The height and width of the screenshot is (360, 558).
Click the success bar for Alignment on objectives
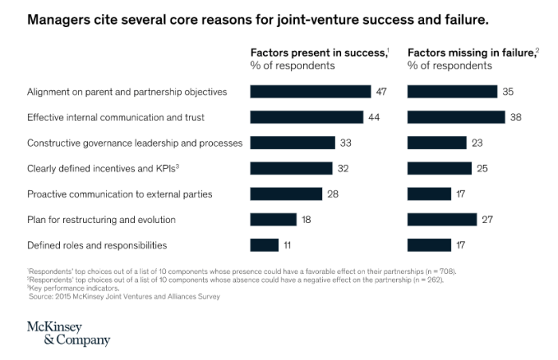coord(310,92)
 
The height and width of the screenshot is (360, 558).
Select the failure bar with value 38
coord(456,117)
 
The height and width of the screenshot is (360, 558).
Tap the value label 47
coord(381,92)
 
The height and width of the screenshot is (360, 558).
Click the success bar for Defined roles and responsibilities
coord(265,245)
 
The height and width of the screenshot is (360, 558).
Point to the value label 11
coord(289,245)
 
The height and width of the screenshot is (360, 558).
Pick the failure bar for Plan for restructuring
coord(442,219)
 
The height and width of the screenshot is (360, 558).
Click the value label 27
coord(486,219)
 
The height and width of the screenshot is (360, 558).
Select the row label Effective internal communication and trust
coord(116,117)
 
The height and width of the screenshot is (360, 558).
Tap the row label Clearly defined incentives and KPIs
coord(102,168)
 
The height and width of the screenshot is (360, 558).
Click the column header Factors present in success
coord(319,53)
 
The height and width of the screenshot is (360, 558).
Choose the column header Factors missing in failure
coord(473,53)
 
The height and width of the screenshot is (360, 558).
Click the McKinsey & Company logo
coord(69,334)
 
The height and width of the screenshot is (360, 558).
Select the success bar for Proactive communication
coord(286,194)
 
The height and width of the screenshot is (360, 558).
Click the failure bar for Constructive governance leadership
coord(437,143)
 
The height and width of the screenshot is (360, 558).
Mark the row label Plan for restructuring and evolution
coord(101,219)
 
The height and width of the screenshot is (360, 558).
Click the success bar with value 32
coord(291,168)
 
